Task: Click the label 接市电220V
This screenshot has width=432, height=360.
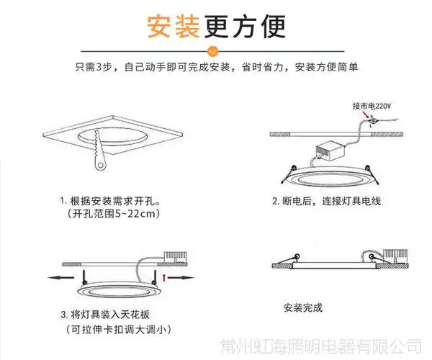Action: (x=372, y=106)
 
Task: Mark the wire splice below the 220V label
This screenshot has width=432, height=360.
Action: (x=372, y=122)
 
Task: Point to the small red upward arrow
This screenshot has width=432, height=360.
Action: (x=166, y=276)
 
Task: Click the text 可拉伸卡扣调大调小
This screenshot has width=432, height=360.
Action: (x=119, y=330)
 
